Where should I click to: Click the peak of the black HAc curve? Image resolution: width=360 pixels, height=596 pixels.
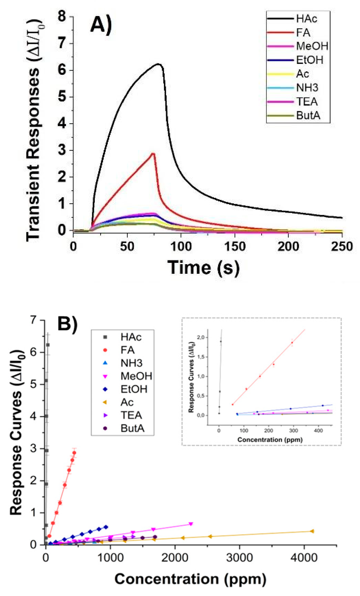point(159,64)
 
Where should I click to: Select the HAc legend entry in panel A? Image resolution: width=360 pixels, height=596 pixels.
point(307,19)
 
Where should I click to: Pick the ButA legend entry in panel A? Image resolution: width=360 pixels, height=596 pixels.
point(308,116)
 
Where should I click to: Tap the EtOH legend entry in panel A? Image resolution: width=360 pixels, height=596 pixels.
point(310,60)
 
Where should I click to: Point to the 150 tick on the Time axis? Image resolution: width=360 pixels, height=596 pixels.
point(235,247)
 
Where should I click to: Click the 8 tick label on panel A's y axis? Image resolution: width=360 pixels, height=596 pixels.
point(62,17)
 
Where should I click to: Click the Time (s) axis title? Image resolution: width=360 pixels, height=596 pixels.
point(204,267)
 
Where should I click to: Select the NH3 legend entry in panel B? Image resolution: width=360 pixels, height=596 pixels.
point(131,363)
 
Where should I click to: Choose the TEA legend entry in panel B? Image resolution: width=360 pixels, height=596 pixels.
point(131,415)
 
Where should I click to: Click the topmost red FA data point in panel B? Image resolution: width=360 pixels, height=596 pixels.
point(74,453)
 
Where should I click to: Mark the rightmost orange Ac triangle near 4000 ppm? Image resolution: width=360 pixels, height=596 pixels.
point(312,531)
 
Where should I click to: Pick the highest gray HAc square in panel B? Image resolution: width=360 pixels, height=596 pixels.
point(48,345)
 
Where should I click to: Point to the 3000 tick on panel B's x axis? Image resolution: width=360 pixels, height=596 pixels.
point(239,557)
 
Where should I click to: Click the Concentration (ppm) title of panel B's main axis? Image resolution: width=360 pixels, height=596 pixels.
point(190,579)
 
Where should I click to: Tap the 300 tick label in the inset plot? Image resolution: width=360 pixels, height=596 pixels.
point(294,430)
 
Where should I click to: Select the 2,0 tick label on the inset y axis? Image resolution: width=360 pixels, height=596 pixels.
point(201,337)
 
